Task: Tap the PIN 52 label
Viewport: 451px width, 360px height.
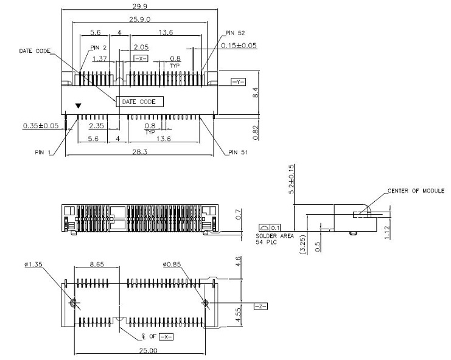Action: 234,33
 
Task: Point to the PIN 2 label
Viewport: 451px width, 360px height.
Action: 99,47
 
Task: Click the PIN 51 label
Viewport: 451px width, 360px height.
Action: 239,153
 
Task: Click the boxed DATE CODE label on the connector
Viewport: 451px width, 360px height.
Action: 139,102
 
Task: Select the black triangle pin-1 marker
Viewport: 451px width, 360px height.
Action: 77,106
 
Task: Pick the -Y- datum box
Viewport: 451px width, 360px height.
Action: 238,81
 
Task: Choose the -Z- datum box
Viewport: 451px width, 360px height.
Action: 259,306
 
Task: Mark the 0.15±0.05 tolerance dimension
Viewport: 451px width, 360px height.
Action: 240,46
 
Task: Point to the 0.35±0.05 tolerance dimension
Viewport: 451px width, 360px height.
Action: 41,126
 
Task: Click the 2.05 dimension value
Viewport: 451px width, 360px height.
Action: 141,47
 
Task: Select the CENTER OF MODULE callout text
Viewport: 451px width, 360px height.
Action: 416,191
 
